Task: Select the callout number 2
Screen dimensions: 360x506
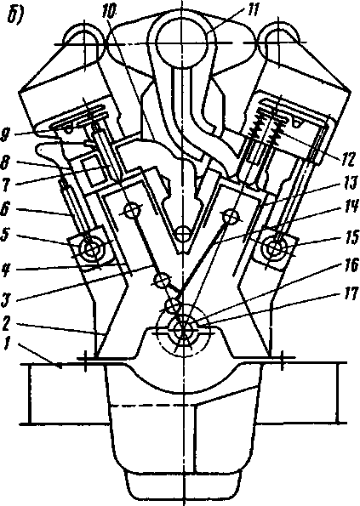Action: pyautogui.click(x=6, y=325)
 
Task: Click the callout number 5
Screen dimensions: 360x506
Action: pyautogui.click(x=7, y=236)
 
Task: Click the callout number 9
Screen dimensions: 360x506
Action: pyautogui.click(x=6, y=135)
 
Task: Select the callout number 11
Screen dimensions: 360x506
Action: pyautogui.click(x=251, y=10)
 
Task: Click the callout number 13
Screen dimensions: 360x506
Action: pyautogui.click(x=349, y=185)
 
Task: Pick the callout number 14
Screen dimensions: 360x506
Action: pyautogui.click(x=350, y=208)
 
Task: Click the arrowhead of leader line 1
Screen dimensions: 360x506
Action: pyautogui.click(x=59, y=366)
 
